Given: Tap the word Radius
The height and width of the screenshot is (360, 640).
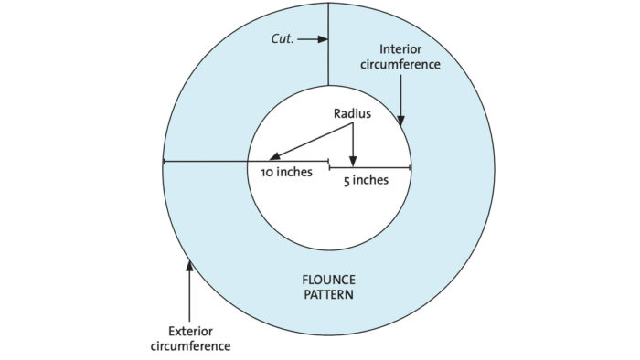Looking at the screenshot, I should point(352,115).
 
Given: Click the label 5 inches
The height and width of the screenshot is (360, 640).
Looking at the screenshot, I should point(366,180).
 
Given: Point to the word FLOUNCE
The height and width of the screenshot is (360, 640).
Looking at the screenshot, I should point(329,280).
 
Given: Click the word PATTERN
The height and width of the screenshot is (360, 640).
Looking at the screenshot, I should point(329,295).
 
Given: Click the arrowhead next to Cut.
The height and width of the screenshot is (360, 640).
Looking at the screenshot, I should point(323,39).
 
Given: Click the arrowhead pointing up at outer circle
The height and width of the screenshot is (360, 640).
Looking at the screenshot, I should point(189,267).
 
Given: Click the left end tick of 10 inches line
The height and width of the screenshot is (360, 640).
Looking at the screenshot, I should point(164,162).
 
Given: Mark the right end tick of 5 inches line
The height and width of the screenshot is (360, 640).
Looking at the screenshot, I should point(411,168).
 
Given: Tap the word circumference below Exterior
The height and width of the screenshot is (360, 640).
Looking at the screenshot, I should point(191,346).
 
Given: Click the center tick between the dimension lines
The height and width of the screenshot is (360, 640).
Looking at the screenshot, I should point(329,165).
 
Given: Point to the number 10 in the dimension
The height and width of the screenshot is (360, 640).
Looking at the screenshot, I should point(267,172).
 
